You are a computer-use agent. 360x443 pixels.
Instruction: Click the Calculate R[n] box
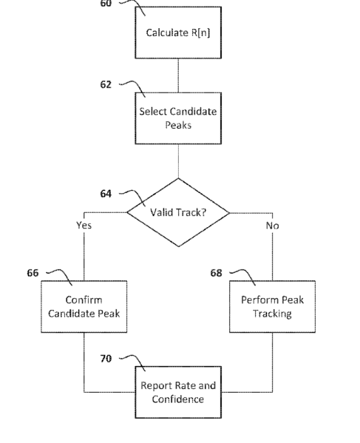pos(178,33)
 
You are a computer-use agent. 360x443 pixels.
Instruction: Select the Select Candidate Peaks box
pos(178,118)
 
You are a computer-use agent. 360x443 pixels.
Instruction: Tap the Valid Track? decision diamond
pos(178,212)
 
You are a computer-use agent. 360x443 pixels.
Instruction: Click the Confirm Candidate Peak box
pos(84,306)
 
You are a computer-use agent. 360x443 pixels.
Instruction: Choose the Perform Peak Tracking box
pos(273,306)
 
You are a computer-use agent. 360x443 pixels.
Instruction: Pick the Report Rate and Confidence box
pos(178,392)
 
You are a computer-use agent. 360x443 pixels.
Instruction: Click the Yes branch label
pos(84,225)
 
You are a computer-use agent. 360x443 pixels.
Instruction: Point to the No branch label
pos(273,226)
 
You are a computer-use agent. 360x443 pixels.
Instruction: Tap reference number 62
pos(106,84)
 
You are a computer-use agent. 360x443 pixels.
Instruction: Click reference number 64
pos(106,194)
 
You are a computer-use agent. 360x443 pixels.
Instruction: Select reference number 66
pos(33,273)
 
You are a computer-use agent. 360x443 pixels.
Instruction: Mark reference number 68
pos(217,273)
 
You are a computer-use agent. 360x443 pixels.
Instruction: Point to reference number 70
pos(106,359)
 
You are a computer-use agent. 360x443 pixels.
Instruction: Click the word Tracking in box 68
pos(272,314)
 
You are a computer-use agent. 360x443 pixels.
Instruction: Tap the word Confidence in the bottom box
pos(178,399)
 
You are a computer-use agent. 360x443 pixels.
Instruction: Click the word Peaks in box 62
pos(178,125)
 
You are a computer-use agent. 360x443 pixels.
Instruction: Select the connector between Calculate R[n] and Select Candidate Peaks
pos(178,75)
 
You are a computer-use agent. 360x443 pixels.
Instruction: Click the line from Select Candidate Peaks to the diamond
pos(178,161)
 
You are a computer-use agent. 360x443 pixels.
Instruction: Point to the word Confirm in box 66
pos(84,300)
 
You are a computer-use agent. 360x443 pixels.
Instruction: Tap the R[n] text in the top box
pos(201,33)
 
